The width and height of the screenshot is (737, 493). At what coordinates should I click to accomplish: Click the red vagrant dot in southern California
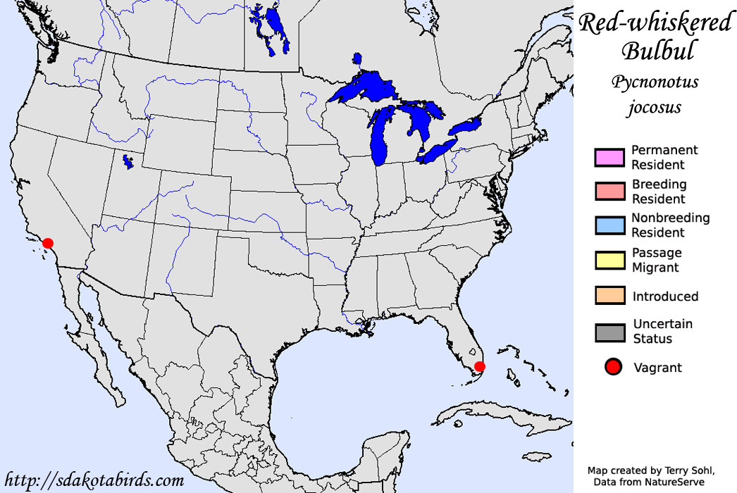(x=48, y=243)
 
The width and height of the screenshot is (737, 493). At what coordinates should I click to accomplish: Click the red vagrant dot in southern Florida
(x=479, y=366)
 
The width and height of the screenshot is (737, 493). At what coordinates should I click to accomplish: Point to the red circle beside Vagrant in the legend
(x=613, y=367)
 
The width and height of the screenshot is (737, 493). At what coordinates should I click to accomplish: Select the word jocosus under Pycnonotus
(x=655, y=107)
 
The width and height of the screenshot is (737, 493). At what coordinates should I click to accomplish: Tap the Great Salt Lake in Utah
(x=127, y=162)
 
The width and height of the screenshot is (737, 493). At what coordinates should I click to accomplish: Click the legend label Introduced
(x=665, y=297)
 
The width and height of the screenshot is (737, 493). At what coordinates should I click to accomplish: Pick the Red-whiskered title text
(x=655, y=23)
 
